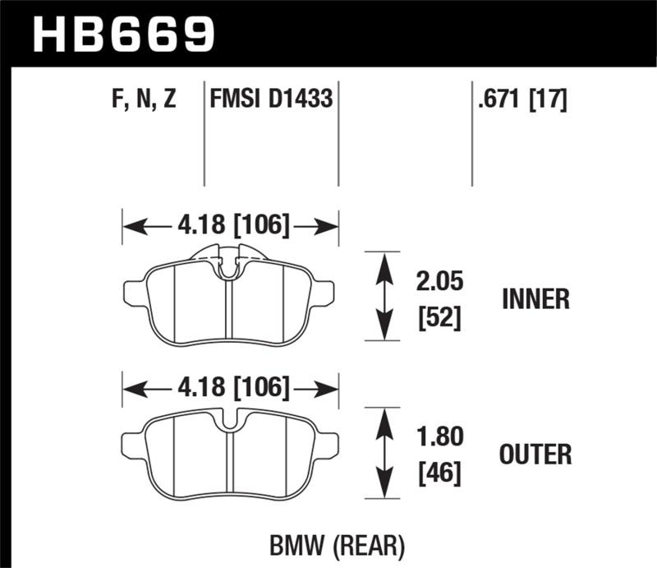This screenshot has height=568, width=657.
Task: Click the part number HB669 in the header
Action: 123,34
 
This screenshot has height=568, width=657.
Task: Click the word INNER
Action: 535,299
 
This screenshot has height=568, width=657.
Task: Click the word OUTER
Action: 535,454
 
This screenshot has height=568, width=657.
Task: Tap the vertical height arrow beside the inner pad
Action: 383,296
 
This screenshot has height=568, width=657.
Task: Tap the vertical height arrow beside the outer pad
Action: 383,453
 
